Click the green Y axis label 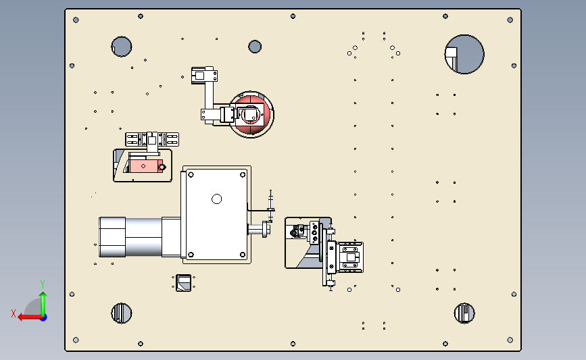[x=43, y=284]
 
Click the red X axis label [x=14, y=313]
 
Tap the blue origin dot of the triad [x=44, y=318]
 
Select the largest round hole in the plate [x=464, y=54]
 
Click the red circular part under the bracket [x=251, y=115]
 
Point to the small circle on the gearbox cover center [x=217, y=199]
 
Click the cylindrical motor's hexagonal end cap [x=112, y=237]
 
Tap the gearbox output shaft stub [x=259, y=229]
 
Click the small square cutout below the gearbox [x=183, y=283]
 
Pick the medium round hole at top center [x=255, y=47]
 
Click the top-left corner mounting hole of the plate [x=76, y=20]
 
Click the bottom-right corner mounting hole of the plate [x=510, y=340]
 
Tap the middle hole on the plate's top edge [x=293, y=16]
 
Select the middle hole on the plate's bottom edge [x=293, y=344]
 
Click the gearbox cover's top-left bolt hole [x=191, y=174]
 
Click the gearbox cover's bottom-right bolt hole [x=243, y=255]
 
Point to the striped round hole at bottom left [x=122, y=313]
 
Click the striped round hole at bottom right [x=464, y=313]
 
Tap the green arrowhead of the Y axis [x=43, y=295]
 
